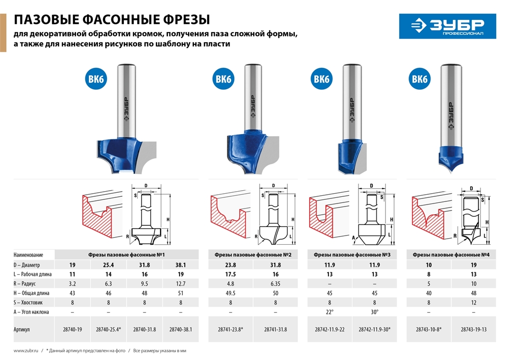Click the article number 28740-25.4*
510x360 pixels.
click(x=108, y=330)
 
